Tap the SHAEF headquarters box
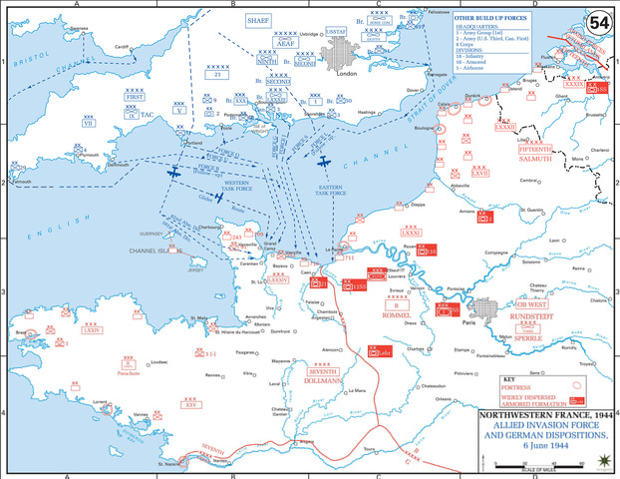[x=260, y=19]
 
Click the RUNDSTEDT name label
[x=529, y=315]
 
